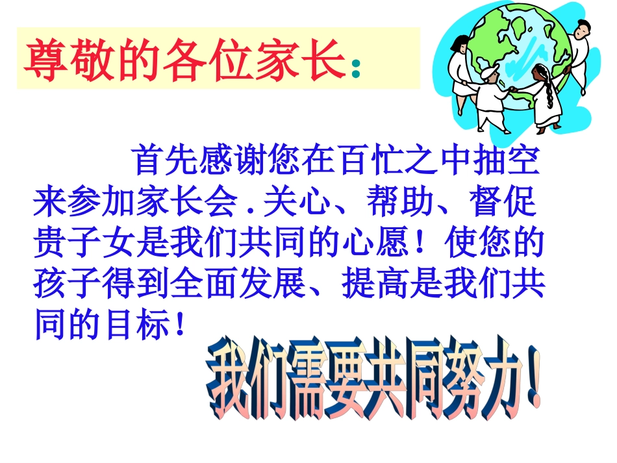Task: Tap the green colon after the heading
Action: tap(355, 68)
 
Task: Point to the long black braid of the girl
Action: tap(552, 97)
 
